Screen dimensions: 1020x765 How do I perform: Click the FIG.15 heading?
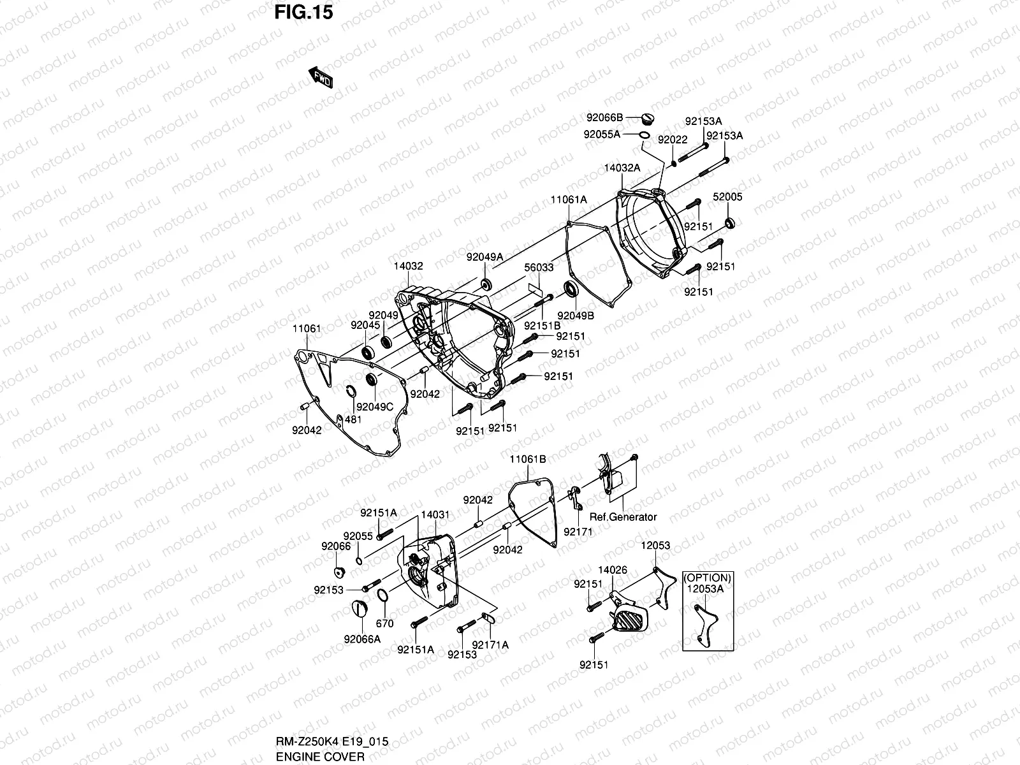coord(303,13)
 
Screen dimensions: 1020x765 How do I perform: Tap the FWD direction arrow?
coord(321,78)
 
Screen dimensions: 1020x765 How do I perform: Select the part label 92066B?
coord(604,117)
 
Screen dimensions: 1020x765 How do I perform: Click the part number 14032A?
coord(622,168)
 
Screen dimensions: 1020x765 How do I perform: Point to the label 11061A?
coord(568,200)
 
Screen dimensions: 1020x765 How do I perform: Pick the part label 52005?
coord(727,197)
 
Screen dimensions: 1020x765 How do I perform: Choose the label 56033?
coord(539,268)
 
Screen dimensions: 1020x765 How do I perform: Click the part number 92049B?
coord(575,316)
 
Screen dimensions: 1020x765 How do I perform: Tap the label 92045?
coord(365,325)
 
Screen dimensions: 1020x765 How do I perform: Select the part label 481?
coord(353,419)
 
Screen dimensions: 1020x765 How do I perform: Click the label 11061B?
coord(527,460)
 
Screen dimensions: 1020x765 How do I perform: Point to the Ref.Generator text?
coord(623,517)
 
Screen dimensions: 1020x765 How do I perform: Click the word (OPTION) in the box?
coord(707,578)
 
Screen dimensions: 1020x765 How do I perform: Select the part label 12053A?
coord(705,589)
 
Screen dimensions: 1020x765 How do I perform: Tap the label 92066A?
coord(362,639)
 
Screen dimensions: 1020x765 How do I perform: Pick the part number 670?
coord(385,623)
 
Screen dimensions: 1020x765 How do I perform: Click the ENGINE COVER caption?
coord(320,757)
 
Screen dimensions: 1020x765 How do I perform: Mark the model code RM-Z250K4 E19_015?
coord(331,742)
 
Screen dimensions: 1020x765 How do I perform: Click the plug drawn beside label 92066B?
coord(647,119)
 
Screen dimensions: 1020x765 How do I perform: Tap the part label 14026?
coord(612,570)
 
